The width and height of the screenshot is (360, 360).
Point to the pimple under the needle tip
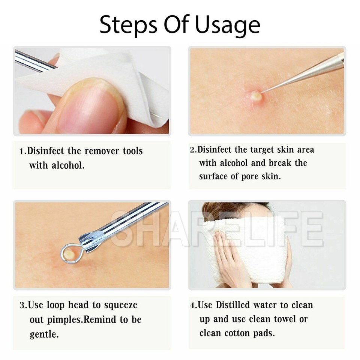tap(256, 96)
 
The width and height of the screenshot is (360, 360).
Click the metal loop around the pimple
tap(69, 254)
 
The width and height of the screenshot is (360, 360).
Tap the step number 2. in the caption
tap(193, 150)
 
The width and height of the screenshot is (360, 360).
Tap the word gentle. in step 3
tap(44, 334)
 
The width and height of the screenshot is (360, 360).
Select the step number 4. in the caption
tap(193, 305)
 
